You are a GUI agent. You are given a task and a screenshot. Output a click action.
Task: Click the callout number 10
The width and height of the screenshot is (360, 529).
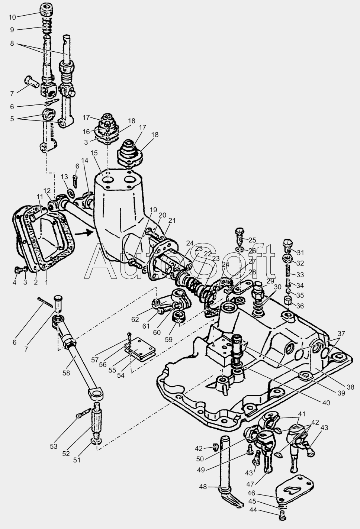(12, 17)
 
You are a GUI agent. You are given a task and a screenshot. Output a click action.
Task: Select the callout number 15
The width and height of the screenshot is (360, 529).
(93, 153)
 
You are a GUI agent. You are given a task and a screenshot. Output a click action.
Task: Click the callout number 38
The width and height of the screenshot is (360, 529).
(350, 387)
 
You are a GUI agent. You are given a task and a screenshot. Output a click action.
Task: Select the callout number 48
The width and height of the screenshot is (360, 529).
(203, 486)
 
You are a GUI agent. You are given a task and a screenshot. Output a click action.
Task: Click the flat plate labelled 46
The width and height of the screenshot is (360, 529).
(295, 487)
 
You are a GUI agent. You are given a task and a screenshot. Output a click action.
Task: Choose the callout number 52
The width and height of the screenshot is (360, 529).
(65, 454)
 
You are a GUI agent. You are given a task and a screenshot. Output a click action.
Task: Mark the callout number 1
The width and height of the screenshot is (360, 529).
(46, 283)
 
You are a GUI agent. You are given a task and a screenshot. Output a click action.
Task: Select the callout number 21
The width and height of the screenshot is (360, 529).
(171, 220)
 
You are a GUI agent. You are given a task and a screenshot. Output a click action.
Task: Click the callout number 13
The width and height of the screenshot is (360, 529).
(64, 177)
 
